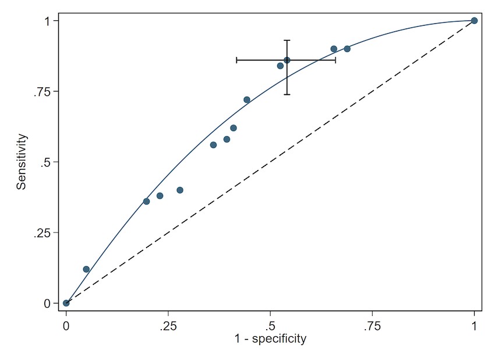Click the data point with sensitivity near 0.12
pos(86,269)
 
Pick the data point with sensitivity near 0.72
pos(247,100)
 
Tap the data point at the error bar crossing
pos(287,60)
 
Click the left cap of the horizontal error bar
pos(236,60)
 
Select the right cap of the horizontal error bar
pos(335,60)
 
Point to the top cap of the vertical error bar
pos(287,40)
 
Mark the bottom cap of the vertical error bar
pos(287,94)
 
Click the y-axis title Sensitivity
pos(22,162)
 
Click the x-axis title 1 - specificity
pos(270,339)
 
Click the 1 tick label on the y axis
pos(51,21)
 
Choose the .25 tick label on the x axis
pos(168,324)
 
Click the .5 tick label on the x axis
pos(270,324)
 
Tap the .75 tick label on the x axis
pos(372,324)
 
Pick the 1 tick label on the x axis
pos(475,324)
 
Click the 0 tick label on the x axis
pos(66,324)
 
